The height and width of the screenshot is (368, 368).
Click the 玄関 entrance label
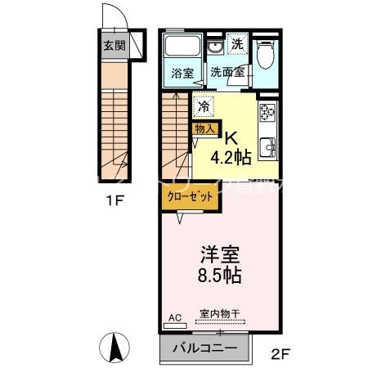[x=114, y=45]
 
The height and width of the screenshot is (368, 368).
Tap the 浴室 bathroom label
[x=182, y=73]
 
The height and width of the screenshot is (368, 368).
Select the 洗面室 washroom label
[x=227, y=72]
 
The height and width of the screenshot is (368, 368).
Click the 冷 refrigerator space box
[x=204, y=105]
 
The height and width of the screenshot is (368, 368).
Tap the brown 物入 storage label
[x=204, y=128]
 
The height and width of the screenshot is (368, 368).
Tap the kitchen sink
[x=268, y=150]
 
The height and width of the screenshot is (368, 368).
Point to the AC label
[x=174, y=314]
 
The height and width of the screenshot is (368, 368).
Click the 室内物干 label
[x=219, y=314]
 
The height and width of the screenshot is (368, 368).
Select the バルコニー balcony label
[x=205, y=348]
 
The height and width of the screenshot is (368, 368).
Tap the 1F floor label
[x=114, y=200]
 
